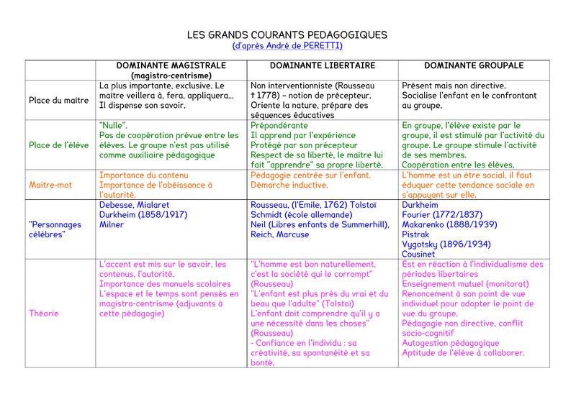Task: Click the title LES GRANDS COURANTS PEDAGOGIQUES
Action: [x=287, y=35]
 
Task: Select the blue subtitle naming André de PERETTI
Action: [x=287, y=46]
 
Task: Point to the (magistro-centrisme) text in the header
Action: [x=171, y=75]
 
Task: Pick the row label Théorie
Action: [x=44, y=313]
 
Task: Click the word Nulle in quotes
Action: [x=114, y=125]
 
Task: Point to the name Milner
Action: [x=112, y=225]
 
